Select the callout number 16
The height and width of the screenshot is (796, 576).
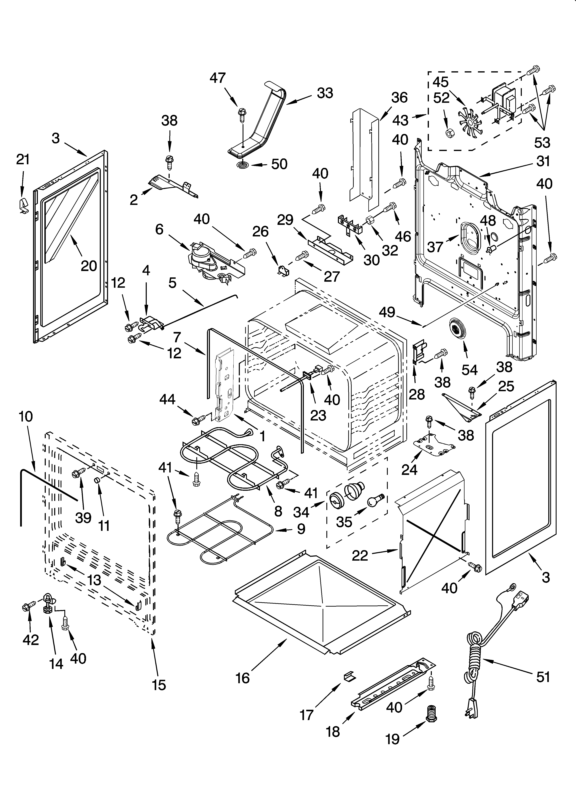(x=243, y=678)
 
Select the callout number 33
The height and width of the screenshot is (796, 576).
(x=325, y=93)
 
